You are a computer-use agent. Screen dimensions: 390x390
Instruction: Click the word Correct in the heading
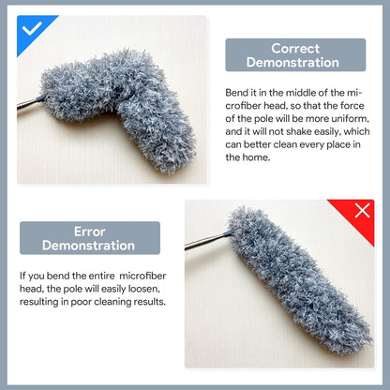click(x=295, y=48)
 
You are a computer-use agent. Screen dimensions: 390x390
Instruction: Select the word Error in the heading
click(x=90, y=231)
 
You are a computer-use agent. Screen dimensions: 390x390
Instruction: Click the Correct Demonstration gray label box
click(x=295, y=55)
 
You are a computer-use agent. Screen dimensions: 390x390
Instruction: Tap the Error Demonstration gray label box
click(x=90, y=238)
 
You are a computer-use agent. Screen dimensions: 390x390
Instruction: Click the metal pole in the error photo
click(x=203, y=242)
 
